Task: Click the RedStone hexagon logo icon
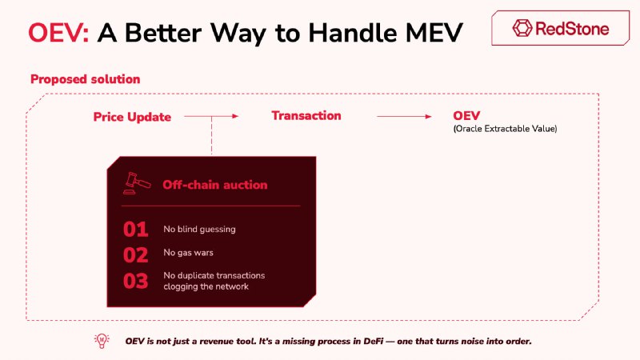click(522, 28)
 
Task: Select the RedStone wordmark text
click(572, 29)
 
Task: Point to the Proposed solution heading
click(86, 79)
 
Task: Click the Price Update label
click(132, 117)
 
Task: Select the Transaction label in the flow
click(306, 115)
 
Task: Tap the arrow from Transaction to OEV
click(404, 116)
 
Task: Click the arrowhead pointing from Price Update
click(235, 116)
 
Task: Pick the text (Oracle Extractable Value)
click(505, 129)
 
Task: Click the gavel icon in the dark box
click(137, 183)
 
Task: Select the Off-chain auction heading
click(215, 185)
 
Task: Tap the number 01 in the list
click(135, 230)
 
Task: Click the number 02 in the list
click(135, 255)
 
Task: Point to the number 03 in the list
click(135, 281)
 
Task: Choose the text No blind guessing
click(199, 229)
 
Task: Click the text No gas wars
click(188, 253)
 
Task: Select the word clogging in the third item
click(179, 286)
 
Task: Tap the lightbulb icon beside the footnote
click(102, 341)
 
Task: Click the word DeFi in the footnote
click(373, 342)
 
